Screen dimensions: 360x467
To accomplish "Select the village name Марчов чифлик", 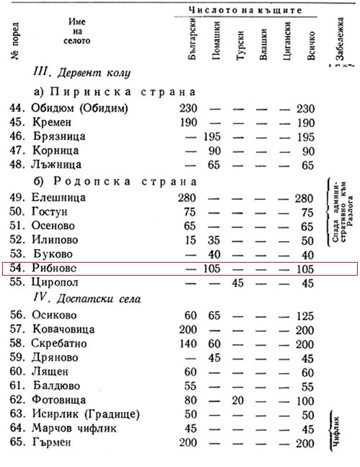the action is [76, 431].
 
